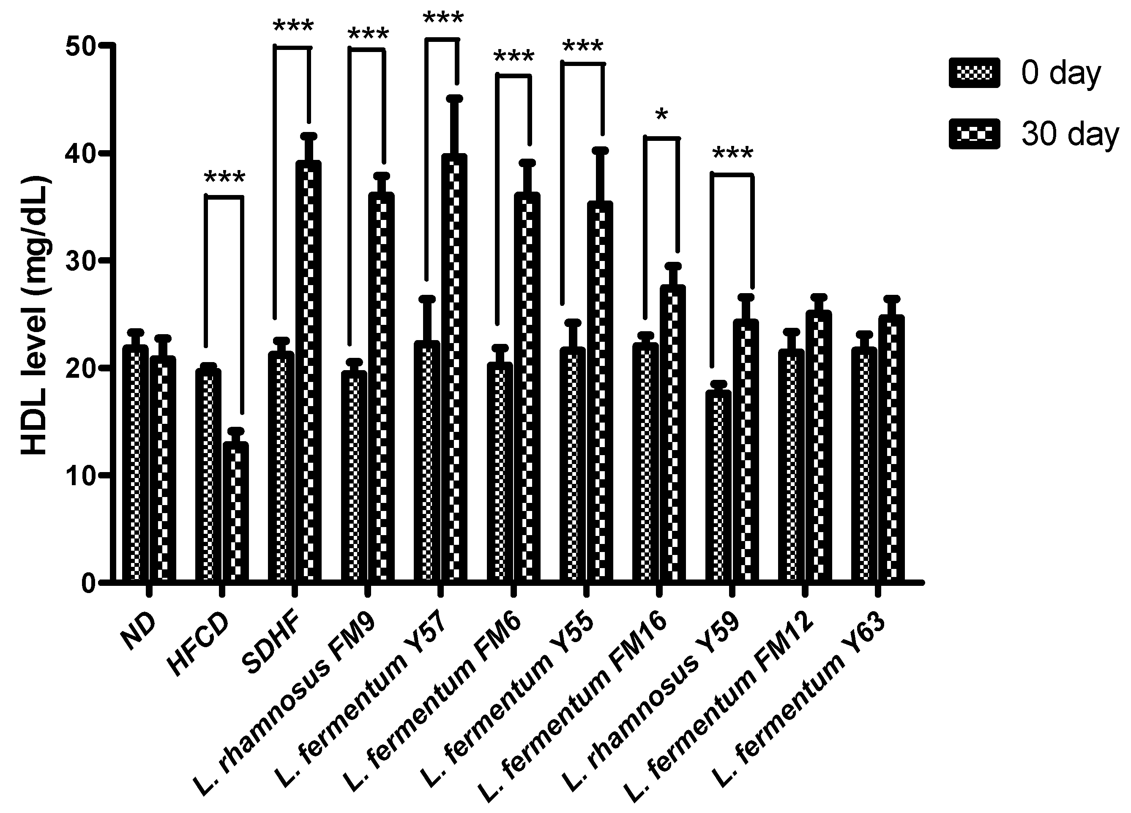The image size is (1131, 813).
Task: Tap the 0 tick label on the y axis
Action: tap(89, 583)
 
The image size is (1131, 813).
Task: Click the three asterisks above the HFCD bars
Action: tap(224, 178)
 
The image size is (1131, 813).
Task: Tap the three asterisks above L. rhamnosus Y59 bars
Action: tap(732, 153)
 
